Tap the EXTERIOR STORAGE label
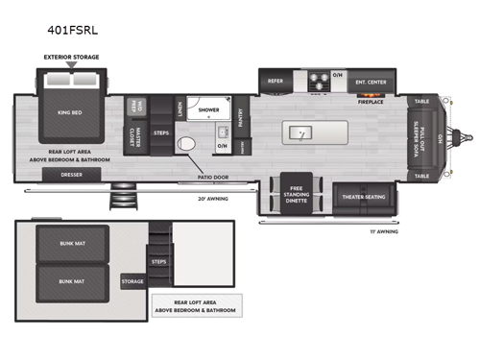pyautogui.click(x=72, y=58)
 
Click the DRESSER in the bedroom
pyautogui.click(x=71, y=175)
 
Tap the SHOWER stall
pyautogui.click(x=208, y=111)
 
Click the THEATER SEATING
pyautogui.click(x=364, y=196)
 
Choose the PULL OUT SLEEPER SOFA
pyautogui.click(x=428, y=138)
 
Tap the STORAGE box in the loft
pyautogui.click(x=132, y=281)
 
